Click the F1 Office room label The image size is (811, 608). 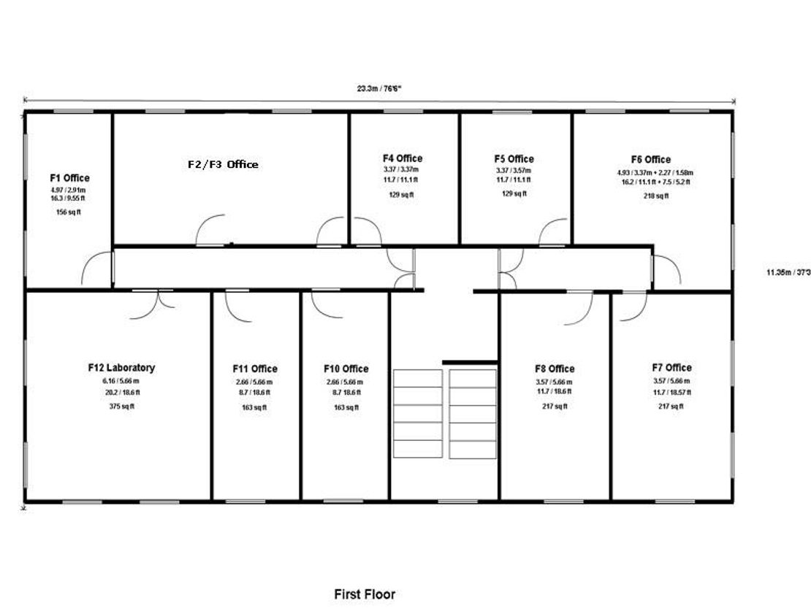(x=70, y=177)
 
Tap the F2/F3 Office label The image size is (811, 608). (x=223, y=164)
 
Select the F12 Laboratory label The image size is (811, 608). (x=121, y=367)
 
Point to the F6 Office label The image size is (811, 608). (x=651, y=159)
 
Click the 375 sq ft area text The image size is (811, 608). (x=121, y=407)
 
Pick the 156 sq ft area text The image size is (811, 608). (x=68, y=212)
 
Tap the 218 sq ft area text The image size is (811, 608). (x=656, y=196)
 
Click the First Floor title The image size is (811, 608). (x=365, y=594)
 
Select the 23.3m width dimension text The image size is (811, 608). (x=379, y=88)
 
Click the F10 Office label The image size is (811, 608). (x=346, y=369)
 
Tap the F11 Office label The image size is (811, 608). (x=255, y=369)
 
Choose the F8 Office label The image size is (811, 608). (x=555, y=369)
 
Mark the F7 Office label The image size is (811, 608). (x=672, y=367)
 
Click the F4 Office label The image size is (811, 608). (x=403, y=158)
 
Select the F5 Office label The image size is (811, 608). (x=514, y=158)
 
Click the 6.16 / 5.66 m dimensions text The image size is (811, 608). (x=121, y=381)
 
